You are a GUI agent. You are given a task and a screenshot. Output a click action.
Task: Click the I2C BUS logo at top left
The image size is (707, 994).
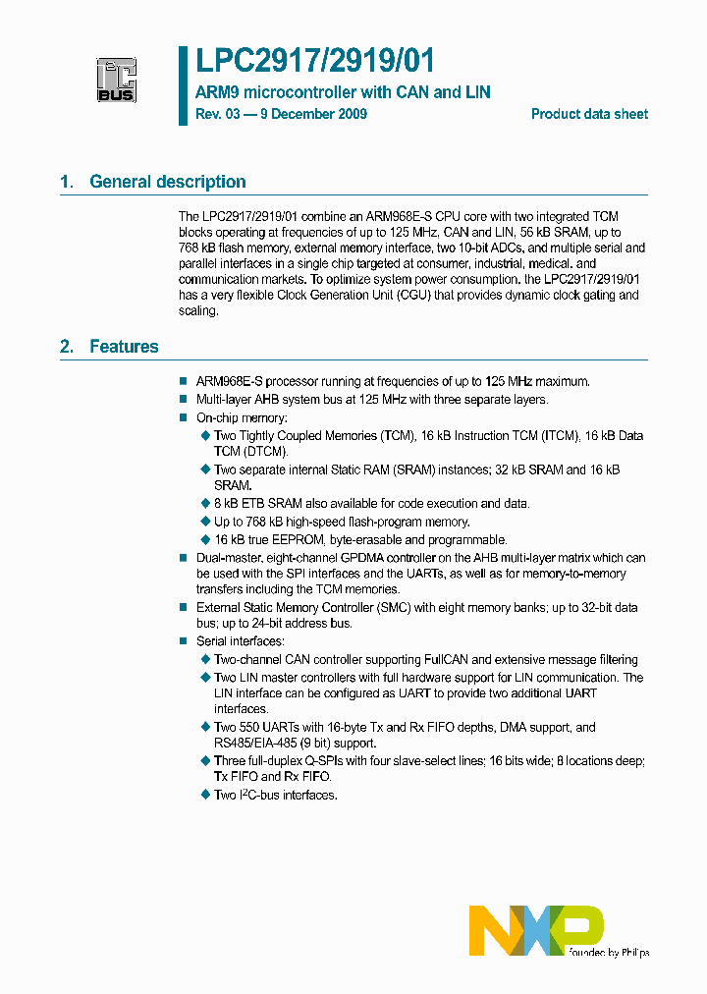(116, 79)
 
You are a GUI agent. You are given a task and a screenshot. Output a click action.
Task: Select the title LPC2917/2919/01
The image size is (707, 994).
(314, 62)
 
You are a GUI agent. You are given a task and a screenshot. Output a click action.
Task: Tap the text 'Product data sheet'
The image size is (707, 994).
(589, 114)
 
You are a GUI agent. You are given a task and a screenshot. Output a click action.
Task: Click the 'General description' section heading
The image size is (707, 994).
(167, 182)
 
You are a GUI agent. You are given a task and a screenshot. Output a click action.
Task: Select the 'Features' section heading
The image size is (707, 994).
(124, 347)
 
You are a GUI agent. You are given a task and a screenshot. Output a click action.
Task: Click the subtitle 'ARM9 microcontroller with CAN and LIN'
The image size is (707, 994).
(343, 92)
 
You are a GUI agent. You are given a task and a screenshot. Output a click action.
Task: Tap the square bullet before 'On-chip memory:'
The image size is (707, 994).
(183, 417)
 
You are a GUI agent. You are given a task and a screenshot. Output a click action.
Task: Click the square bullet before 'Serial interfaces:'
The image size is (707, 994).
(183, 641)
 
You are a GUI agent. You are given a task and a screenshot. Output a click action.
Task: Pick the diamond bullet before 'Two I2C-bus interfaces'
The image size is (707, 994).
(205, 795)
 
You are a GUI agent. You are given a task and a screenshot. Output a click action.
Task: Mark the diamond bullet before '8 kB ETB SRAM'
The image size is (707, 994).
(205, 503)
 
